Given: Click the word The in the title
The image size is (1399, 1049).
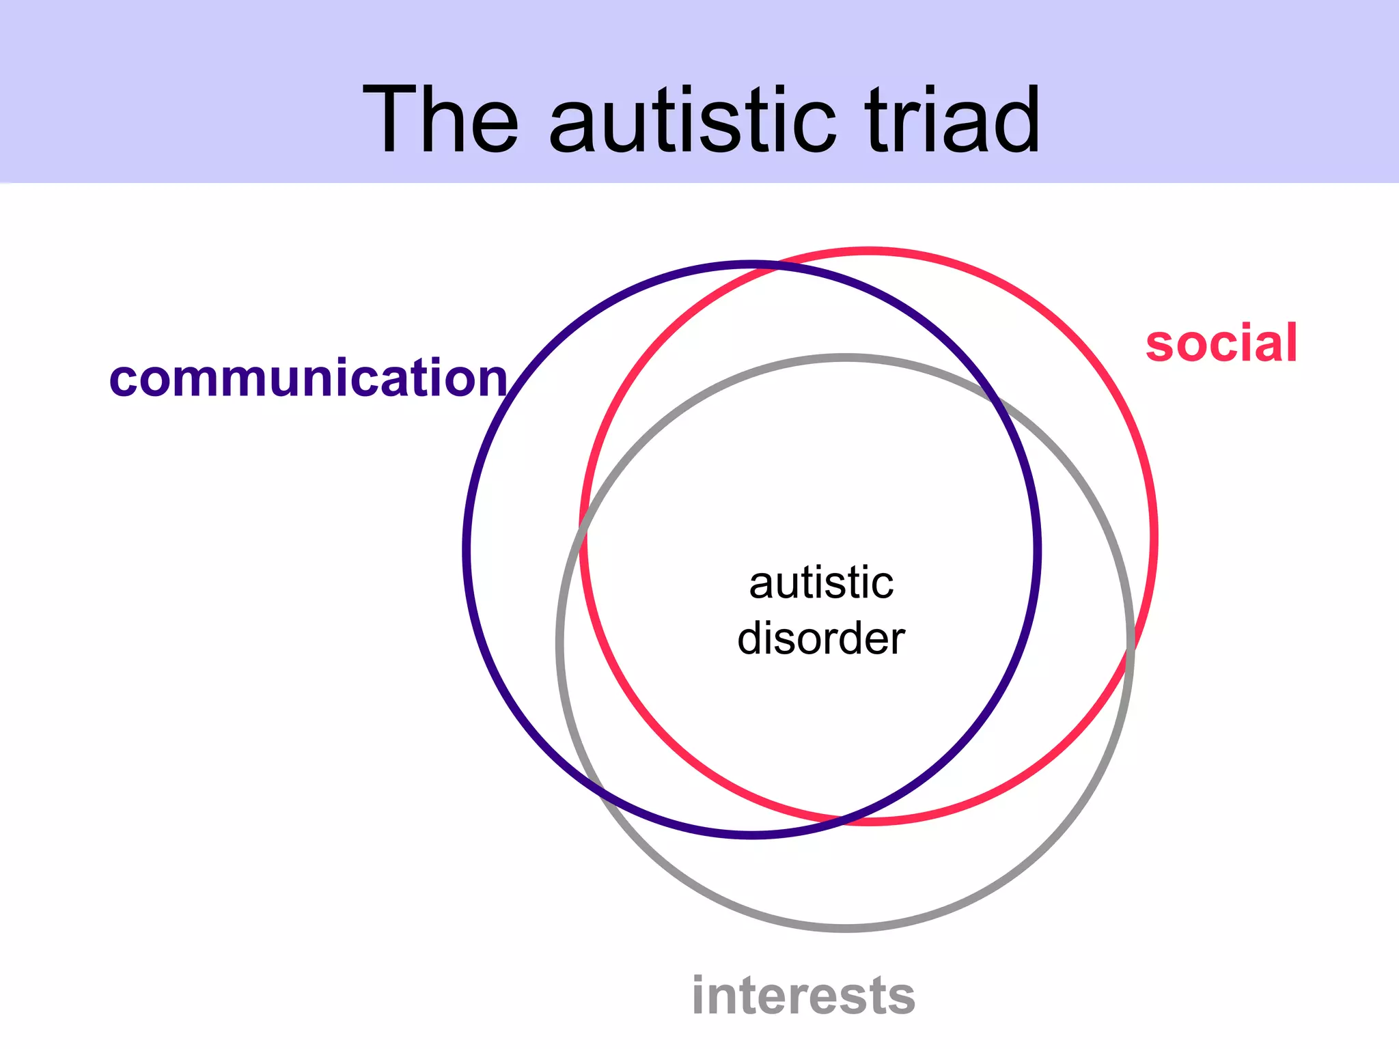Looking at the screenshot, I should (x=441, y=120).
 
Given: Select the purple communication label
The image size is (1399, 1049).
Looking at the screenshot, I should (x=308, y=378).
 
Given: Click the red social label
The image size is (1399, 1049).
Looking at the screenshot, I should (x=1221, y=344).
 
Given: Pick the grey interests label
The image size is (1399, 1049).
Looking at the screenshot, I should (x=803, y=996).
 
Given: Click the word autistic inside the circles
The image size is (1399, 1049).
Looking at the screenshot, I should (x=821, y=583).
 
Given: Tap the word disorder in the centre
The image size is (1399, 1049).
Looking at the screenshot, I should (x=821, y=639).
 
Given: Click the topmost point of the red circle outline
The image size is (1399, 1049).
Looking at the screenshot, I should (x=869, y=251).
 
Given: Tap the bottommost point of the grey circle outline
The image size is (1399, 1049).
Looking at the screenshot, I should (x=846, y=928).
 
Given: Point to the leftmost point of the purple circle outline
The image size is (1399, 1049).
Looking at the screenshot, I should (x=467, y=549).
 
